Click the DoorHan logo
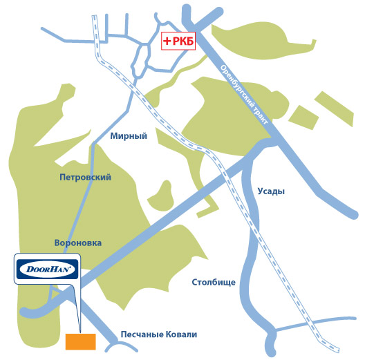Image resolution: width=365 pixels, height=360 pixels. tap(47, 269)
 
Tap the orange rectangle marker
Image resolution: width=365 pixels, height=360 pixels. tap(81, 341)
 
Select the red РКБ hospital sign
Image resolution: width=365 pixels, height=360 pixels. tap(178, 41)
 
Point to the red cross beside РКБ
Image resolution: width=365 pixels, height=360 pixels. tap(167, 41)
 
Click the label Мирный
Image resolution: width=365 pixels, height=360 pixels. tap(129, 136)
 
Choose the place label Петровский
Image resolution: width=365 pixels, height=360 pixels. tap(85, 178)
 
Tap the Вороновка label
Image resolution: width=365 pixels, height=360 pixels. tap(78, 243)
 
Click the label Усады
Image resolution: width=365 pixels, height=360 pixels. tap(271, 191)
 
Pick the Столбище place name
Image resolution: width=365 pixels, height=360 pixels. tap(214, 283)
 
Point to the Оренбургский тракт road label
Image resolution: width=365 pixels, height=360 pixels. tap(244, 94)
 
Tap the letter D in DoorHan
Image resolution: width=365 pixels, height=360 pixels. tap(30, 269)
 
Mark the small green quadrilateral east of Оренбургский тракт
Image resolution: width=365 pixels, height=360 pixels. tap(303, 117)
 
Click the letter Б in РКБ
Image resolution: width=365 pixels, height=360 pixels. tap(190, 41)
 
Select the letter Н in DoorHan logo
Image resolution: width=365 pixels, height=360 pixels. tap(54, 269)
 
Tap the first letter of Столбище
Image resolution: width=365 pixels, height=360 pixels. tap(195, 283)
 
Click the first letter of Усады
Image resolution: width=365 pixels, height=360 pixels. tap(260, 191)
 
